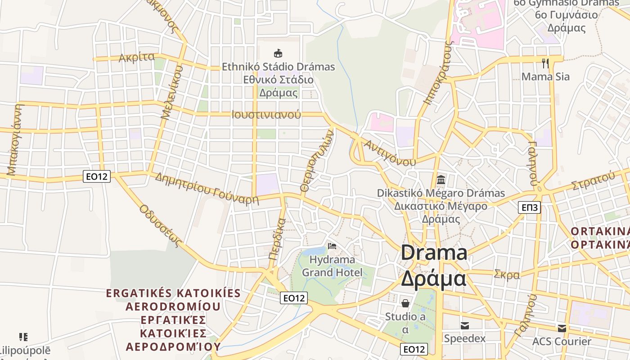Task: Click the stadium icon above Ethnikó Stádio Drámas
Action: pyautogui.click(x=278, y=54)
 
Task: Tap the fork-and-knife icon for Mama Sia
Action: pyautogui.click(x=545, y=63)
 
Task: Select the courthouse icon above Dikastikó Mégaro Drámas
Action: pyautogui.click(x=441, y=180)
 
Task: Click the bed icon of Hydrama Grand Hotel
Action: pyautogui.click(x=332, y=246)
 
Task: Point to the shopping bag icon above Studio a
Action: pyautogui.click(x=405, y=303)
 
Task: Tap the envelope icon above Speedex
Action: pyautogui.click(x=465, y=325)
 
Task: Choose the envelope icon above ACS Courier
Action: pyautogui.click(x=562, y=328)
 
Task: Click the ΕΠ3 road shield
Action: pyautogui.click(x=530, y=207)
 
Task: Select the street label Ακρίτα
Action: pyautogui.click(x=136, y=58)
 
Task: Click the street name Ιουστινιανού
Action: pyautogui.click(x=266, y=114)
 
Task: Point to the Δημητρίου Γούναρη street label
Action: pyautogui.click(x=207, y=188)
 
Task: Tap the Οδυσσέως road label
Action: pyautogui.click(x=161, y=226)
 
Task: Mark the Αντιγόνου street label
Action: pyautogui.click(x=390, y=153)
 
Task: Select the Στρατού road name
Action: pyautogui.click(x=593, y=180)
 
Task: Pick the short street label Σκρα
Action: pyautogui.click(x=507, y=274)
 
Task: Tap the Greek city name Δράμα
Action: pyautogui.click(x=433, y=279)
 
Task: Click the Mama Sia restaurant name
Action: pyautogui.click(x=545, y=76)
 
